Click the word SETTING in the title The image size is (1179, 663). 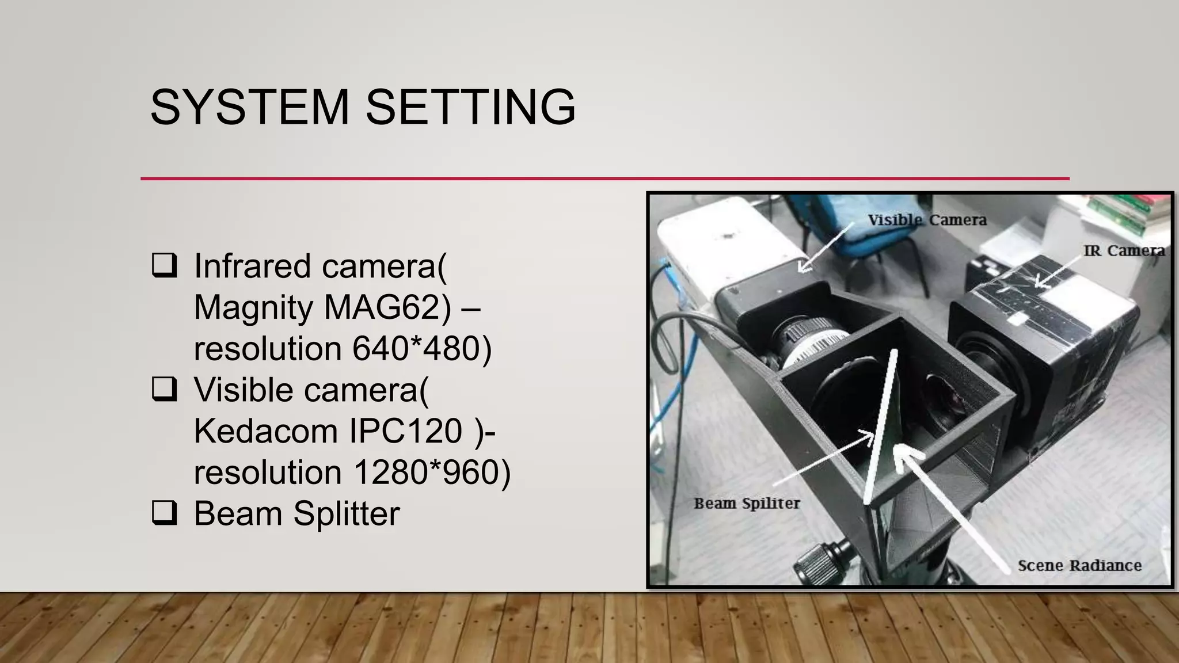click(470, 107)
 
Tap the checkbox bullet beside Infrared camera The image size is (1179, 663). click(165, 265)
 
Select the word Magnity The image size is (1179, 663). click(253, 307)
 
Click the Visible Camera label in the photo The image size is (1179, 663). click(927, 220)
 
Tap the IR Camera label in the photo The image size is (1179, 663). click(1124, 251)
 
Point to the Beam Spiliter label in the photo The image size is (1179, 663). click(747, 504)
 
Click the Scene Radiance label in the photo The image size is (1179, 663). click(1079, 566)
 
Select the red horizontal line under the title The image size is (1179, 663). click(604, 178)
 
